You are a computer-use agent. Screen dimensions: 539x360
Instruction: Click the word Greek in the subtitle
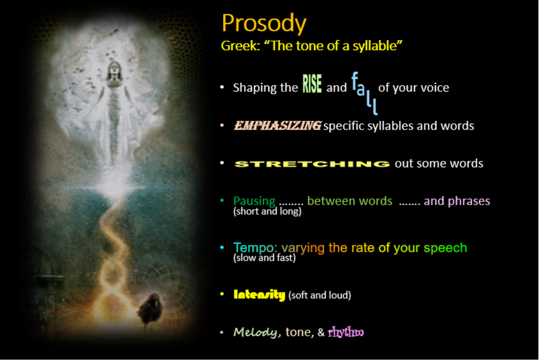point(240,46)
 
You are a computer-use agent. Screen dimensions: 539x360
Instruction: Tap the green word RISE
point(312,84)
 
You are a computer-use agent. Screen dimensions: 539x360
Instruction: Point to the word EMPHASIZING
point(278,126)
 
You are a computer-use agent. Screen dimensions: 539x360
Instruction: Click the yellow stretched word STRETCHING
point(312,164)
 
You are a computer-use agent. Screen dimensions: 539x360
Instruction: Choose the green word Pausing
point(255,200)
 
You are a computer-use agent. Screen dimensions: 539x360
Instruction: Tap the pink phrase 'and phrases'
point(457,200)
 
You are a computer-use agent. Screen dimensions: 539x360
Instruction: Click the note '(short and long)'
point(268,211)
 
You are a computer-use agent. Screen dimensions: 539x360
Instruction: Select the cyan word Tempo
point(254,247)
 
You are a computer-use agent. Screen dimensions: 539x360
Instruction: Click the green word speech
point(445,248)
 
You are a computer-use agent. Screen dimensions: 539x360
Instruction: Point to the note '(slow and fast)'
point(265,258)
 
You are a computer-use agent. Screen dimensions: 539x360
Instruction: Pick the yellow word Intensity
point(260,294)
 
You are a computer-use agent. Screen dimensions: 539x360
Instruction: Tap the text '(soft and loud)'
point(320,295)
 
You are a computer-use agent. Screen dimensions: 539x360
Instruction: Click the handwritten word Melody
point(256,332)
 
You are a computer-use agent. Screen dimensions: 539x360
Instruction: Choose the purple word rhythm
point(345,332)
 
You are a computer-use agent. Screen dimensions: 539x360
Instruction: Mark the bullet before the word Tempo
point(222,247)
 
